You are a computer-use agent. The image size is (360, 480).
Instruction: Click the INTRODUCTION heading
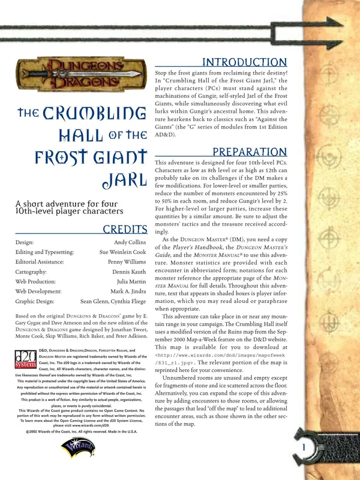(245, 62)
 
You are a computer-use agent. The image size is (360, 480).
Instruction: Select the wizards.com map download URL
(217, 359)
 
